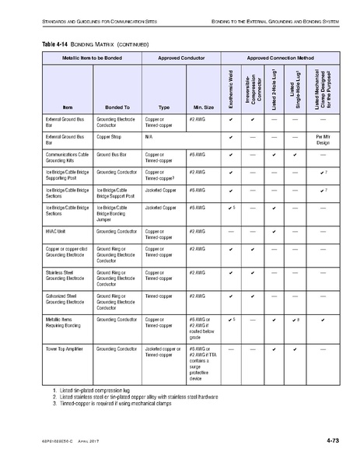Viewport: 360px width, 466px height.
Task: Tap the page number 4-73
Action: (335, 441)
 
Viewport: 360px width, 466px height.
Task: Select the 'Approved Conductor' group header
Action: (180, 58)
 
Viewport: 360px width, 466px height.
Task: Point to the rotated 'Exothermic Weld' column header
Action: (231, 89)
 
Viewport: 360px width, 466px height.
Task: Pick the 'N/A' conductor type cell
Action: (149, 136)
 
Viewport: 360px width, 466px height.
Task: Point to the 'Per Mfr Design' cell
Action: (323, 140)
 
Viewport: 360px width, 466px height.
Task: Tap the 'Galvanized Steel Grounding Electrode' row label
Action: (61, 300)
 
